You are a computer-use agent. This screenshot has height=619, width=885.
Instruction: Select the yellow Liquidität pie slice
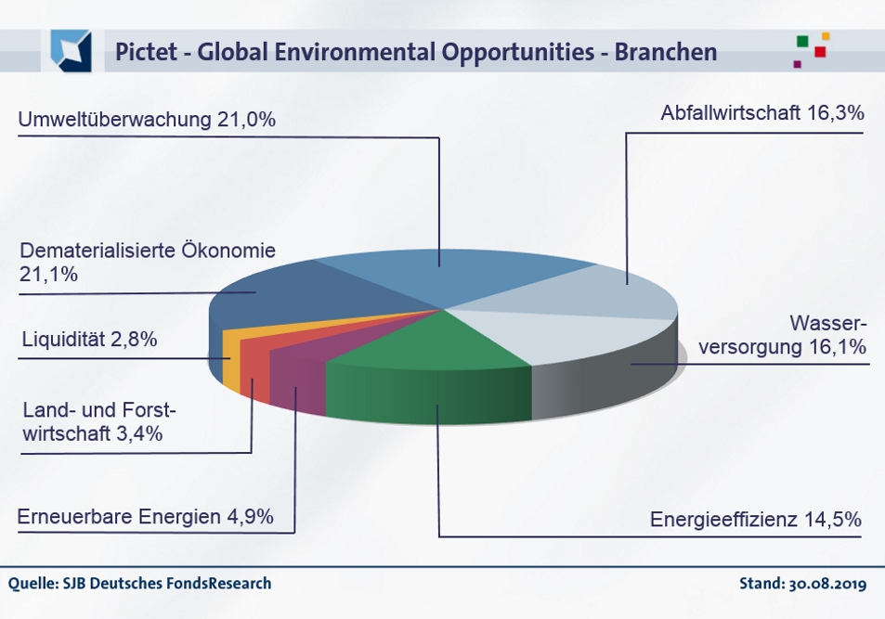(x=232, y=358)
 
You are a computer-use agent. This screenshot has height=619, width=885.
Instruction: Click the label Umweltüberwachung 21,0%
(x=147, y=120)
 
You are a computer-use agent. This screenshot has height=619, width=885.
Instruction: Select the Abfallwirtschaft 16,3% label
(x=762, y=113)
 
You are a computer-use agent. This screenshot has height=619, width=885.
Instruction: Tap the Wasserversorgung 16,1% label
(x=782, y=335)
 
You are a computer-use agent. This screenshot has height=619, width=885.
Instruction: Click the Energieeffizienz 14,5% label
(x=756, y=519)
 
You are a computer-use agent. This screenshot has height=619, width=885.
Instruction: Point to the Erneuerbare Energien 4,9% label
(x=146, y=517)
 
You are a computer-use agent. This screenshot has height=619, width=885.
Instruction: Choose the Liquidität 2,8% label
(x=89, y=340)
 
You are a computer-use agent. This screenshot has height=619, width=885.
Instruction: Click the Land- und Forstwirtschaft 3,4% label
(x=99, y=421)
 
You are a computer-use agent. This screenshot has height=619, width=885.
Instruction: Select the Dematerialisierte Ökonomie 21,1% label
(x=148, y=262)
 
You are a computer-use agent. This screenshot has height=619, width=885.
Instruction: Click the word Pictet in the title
(x=146, y=52)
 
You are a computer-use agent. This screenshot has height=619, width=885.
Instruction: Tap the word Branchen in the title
(x=666, y=52)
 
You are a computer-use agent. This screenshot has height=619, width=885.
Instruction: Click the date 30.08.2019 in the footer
(x=827, y=584)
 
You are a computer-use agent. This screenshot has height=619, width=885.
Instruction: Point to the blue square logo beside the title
(x=72, y=51)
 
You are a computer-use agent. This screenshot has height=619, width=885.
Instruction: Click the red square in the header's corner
(x=820, y=52)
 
